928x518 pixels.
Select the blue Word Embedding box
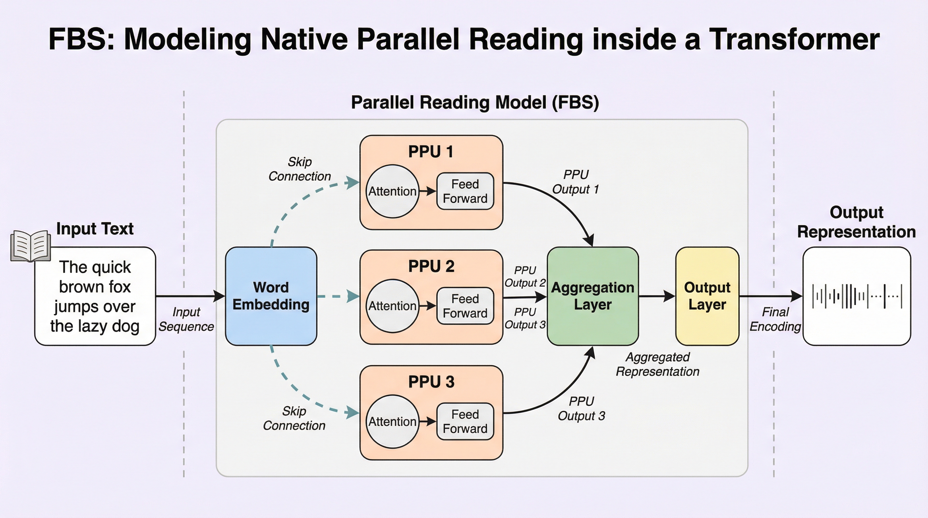pos(271,296)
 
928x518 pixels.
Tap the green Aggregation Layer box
pos(592,296)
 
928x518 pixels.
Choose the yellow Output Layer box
pos(707,296)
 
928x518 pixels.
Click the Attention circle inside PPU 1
pos(392,191)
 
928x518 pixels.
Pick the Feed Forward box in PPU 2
pos(465,306)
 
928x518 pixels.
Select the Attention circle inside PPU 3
pos(392,422)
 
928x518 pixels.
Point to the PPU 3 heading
pos(431,382)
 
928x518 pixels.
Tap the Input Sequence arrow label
pos(186,319)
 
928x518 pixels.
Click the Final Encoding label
pos(775,319)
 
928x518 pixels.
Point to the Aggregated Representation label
pos(658,364)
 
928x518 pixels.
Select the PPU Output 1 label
pos(575,182)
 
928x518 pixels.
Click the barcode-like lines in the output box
pos(857,296)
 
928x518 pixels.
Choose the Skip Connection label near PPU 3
pos(294,418)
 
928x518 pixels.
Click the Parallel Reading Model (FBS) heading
pos(475,102)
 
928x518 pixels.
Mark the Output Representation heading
pos(856,222)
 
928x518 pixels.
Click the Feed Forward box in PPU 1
pos(465,191)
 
